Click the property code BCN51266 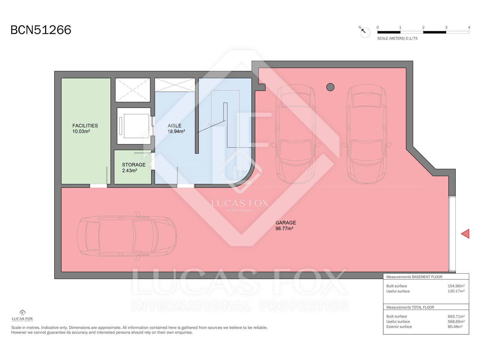click(41, 30)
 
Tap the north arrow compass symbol click(364, 32)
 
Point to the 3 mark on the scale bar click(446, 28)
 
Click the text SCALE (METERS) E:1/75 click(397, 38)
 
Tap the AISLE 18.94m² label click(176, 128)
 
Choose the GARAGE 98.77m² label click(286, 225)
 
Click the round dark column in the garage click(330, 87)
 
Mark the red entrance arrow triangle click(465, 234)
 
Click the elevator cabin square click(134, 126)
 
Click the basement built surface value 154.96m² click(456, 286)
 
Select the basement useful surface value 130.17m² click(456, 291)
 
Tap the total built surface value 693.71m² click(456, 316)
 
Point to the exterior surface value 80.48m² click(455, 327)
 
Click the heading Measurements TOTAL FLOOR click(410, 307)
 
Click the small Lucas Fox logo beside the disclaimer click(22, 315)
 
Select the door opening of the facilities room click(98, 186)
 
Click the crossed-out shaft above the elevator click(133, 90)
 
